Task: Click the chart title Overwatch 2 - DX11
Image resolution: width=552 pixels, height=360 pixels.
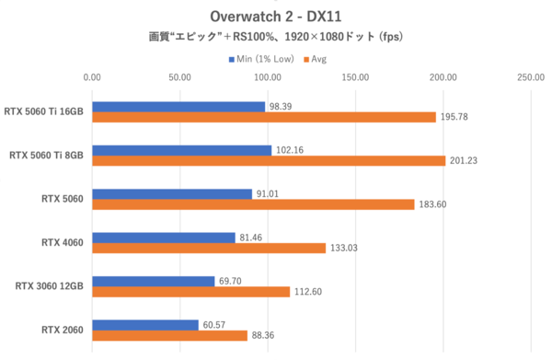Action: coord(275,17)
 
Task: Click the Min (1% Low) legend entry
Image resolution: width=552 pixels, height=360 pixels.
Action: coord(260,59)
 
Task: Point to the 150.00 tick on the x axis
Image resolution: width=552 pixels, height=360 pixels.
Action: coord(355,79)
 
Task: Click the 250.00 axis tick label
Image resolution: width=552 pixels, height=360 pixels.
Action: coord(531,79)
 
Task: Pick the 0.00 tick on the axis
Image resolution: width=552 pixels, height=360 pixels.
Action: coord(91,79)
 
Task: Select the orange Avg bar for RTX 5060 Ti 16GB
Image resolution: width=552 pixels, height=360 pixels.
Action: coord(263,117)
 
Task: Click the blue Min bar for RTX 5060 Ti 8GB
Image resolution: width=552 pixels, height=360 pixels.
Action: coord(181,150)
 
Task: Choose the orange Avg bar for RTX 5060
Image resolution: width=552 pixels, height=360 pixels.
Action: coord(253,204)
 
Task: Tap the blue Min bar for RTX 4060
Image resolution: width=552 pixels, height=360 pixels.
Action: coord(163,238)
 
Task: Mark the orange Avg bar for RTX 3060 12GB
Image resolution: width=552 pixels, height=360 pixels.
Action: coord(190,292)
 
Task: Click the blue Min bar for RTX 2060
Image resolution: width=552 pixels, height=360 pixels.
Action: coord(144,325)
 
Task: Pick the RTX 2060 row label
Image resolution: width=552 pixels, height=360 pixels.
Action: coord(63,330)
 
